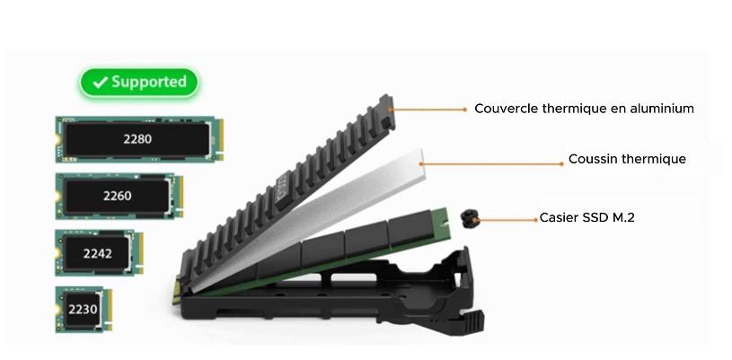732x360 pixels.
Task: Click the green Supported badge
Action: click(x=138, y=83)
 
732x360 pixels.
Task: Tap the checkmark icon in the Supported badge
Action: click(x=100, y=83)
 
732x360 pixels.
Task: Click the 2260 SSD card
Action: click(x=116, y=195)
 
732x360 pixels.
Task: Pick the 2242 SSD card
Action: click(x=98, y=252)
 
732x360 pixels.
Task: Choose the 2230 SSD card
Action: click(x=83, y=310)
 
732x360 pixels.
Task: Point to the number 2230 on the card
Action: click(x=82, y=310)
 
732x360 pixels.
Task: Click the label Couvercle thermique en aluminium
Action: click(x=584, y=109)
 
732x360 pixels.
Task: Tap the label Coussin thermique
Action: click(x=627, y=160)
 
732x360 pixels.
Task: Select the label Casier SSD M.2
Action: click(x=586, y=218)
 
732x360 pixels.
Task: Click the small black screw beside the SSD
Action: click(x=468, y=218)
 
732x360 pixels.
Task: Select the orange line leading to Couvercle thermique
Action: click(x=431, y=110)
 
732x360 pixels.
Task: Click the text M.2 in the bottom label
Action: click(x=623, y=218)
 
